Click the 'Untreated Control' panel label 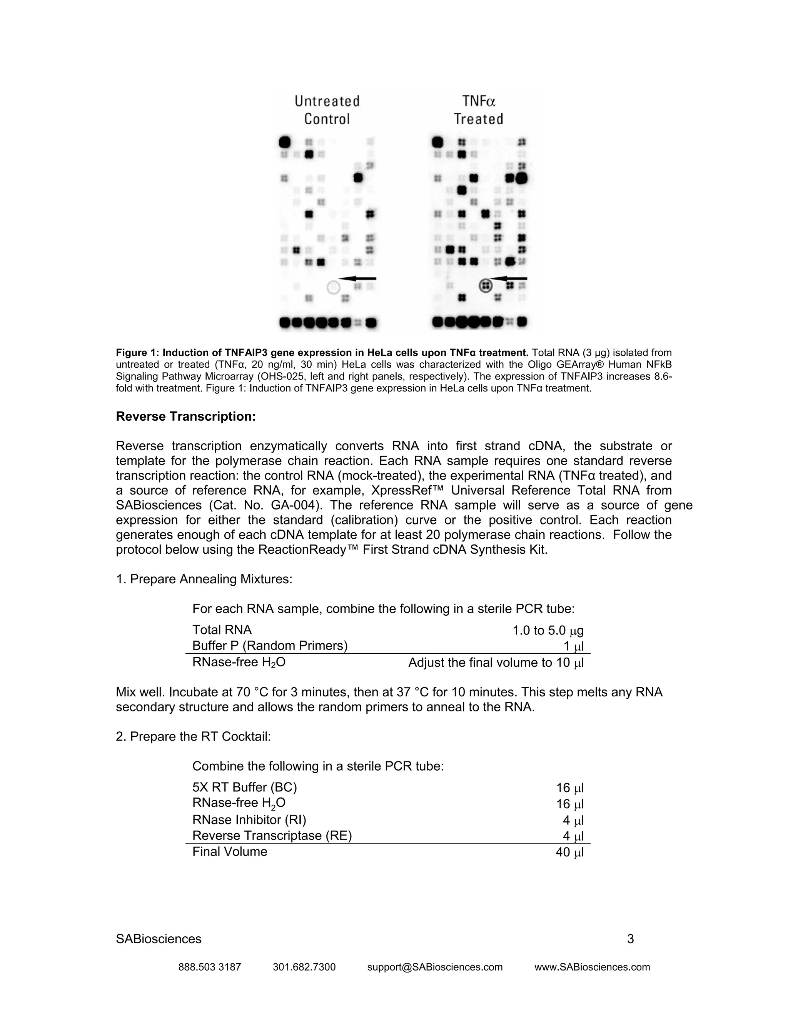(327, 110)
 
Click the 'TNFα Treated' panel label (479, 110)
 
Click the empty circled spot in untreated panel (333, 287)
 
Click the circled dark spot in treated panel (486, 285)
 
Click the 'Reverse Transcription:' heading (185, 416)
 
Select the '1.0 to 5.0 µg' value (548, 631)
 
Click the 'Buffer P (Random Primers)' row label (270, 646)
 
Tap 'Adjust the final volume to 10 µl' (496, 663)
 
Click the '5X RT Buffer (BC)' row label (244, 788)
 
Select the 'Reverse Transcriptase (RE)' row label (272, 835)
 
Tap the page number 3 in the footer (630, 939)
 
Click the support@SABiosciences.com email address (435, 967)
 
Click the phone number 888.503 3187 (210, 967)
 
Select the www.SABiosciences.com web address (592, 967)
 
